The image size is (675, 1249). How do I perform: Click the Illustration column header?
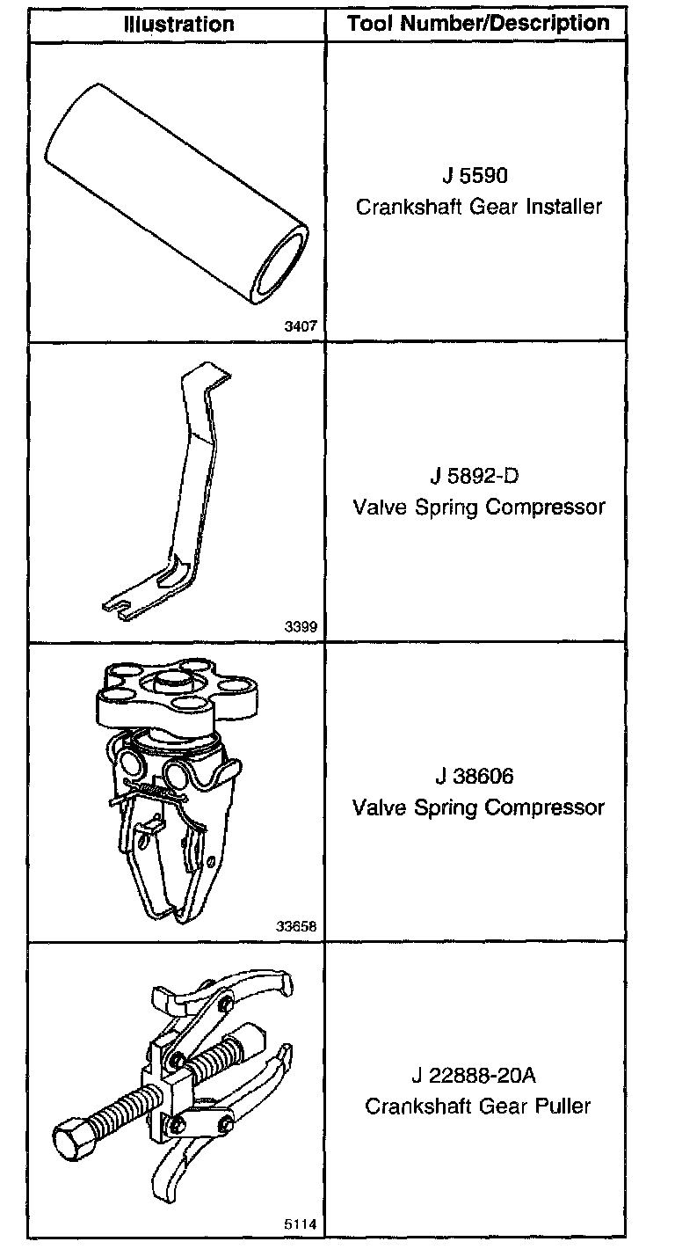click(178, 23)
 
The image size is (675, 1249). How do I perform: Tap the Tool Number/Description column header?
click(478, 23)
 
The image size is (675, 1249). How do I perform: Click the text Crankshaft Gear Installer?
click(479, 207)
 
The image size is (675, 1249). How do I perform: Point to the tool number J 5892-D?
click(475, 477)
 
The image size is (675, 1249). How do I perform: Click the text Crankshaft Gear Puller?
click(478, 1106)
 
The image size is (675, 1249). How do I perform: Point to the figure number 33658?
click(296, 926)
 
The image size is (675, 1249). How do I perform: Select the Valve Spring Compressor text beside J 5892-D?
click(479, 508)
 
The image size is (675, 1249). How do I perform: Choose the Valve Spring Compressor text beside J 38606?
click(479, 807)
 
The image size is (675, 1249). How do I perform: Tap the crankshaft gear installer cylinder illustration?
click(176, 194)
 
